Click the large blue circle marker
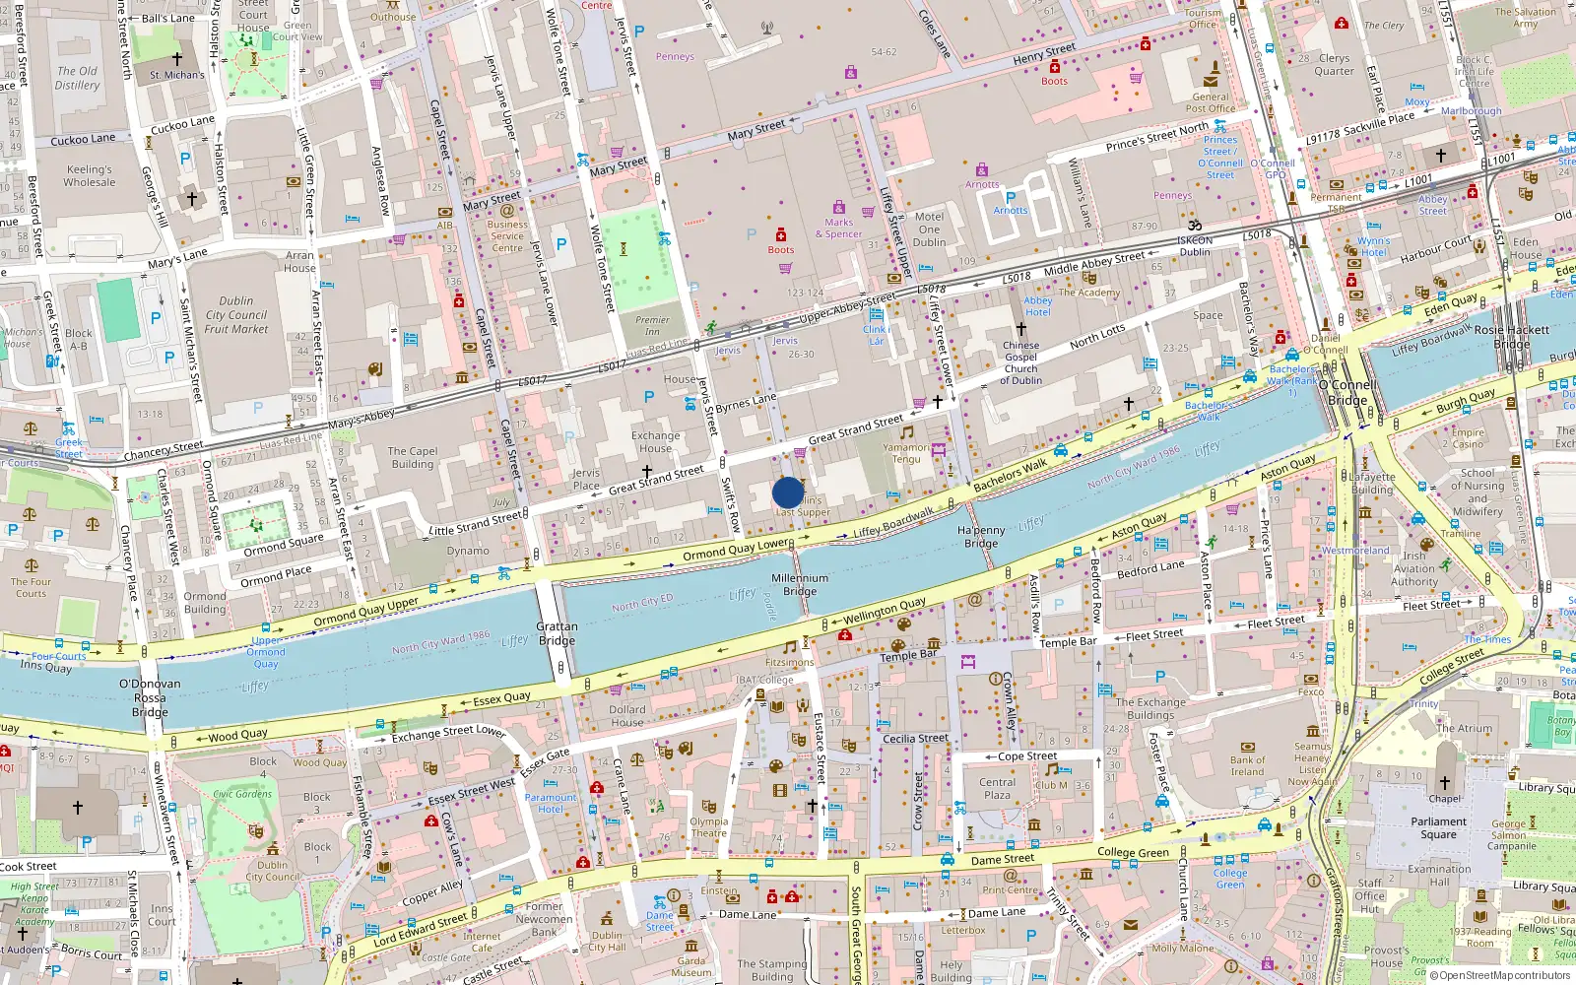tap(788, 492)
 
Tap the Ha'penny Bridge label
tap(981, 537)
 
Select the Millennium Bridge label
tap(800, 585)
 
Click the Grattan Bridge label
tap(557, 633)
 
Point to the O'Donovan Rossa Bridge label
tap(150, 697)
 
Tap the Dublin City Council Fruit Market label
tap(236, 315)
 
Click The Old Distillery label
tap(77, 78)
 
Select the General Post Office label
tap(1211, 102)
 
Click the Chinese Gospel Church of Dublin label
tap(1020, 362)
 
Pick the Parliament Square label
tap(1438, 827)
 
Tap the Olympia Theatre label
tap(708, 826)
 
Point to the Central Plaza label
tap(997, 788)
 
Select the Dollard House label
tap(626, 715)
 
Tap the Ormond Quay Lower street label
tap(736, 550)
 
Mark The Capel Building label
tap(413, 457)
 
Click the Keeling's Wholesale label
tap(90, 175)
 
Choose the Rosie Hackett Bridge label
tap(1511, 336)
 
